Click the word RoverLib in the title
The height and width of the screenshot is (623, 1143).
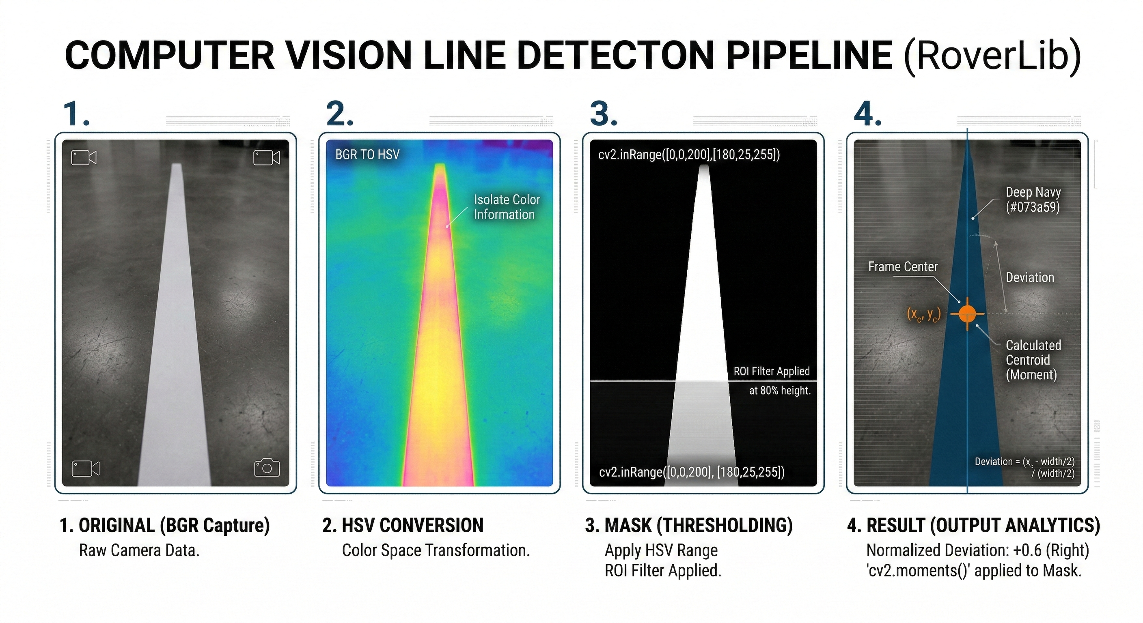click(992, 56)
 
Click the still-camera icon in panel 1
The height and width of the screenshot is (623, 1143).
click(267, 467)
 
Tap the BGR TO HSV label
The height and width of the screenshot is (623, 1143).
click(367, 154)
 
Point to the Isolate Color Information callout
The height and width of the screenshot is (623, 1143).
click(507, 207)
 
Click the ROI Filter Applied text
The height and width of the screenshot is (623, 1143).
click(772, 371)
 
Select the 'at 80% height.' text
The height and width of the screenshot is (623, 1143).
click(780, 391)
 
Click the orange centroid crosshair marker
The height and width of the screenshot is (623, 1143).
click(967, 314)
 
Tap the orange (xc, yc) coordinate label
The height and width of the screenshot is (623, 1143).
click(924, 314)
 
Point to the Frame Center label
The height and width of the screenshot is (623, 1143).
click(903, 266)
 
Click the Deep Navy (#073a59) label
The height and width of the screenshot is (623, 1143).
click(1033, 200)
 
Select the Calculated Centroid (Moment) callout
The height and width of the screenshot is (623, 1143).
click(1033, 360)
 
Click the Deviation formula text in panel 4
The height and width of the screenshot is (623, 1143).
click(1024, 467)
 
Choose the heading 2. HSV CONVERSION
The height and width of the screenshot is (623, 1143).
click(403, 525)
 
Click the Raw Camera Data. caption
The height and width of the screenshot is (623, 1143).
click(139, 550)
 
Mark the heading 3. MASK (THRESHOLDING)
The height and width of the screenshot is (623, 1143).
click(689, 525)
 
